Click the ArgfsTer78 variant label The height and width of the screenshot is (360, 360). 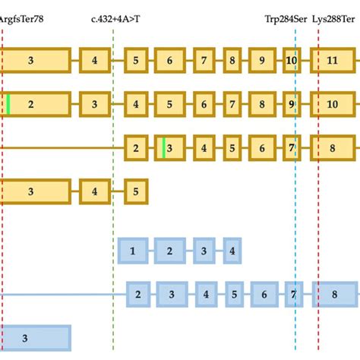pos(22,17)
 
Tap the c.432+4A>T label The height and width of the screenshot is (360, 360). pos(115,17)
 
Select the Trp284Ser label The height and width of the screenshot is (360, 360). pos(286,17)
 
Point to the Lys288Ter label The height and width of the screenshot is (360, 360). pos(335,17)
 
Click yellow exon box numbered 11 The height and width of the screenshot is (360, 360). pos(333,60)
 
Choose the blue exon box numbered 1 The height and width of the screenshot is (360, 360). pos(133,250)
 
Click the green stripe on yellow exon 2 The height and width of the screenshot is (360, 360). pos(8,104)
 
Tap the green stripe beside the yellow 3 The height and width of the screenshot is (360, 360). pos(163,147)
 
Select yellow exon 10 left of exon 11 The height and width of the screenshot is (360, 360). pos(292,60)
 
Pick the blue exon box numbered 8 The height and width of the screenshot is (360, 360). pos(334,294)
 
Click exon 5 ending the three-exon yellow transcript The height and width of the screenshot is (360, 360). pos(136,191)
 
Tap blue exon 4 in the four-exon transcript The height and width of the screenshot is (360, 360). pos(232,250)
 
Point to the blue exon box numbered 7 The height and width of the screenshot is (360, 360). pos(292,294)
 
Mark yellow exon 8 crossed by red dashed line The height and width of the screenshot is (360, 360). pos(333,147)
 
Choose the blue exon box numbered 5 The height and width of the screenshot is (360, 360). pos(235,294)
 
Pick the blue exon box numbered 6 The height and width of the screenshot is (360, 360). pos(264,294)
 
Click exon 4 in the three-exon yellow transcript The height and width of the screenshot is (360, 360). pos(95,191)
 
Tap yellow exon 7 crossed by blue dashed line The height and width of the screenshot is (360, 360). pos(292,147)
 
